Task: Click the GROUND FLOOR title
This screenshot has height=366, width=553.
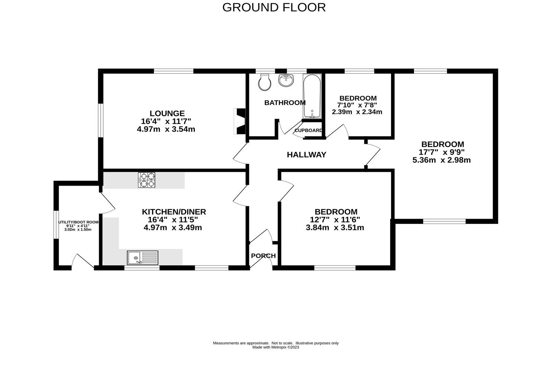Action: [x=274, y=7]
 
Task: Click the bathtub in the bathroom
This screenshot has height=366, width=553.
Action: [x=312, y=97]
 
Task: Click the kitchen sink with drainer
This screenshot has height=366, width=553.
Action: [x=142, y=257]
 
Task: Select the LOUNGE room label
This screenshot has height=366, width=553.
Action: [x=167, y=113]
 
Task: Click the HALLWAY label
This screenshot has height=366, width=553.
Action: [x=306, y=155]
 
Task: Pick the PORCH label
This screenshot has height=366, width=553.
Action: [x=263, y=256]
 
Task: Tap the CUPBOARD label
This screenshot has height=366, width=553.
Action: [x=308, y=131]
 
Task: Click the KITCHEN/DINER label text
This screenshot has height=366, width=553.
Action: [x=174, y=212]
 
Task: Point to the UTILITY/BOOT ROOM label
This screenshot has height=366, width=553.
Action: [x=78, y=222]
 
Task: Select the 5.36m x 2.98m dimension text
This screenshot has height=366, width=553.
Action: [x=442, y=160]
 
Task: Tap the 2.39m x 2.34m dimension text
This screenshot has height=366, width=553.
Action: [x=357, y=112]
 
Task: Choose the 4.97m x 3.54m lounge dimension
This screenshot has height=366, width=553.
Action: [x=166, y=129]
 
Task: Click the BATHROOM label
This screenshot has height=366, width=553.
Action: [x=285, y=103]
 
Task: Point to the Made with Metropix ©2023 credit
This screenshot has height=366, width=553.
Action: [x=275, y=347]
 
